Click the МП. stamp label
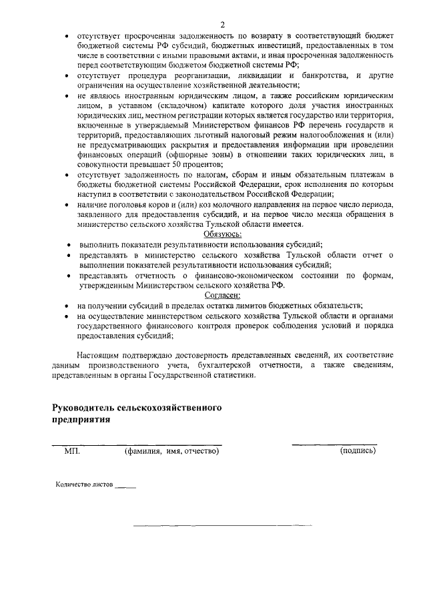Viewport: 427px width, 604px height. click(72, 451)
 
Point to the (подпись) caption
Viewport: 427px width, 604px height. click(358, 451)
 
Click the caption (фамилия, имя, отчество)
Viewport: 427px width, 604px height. click(172, 451)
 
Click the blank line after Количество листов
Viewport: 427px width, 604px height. click(125, 487)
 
